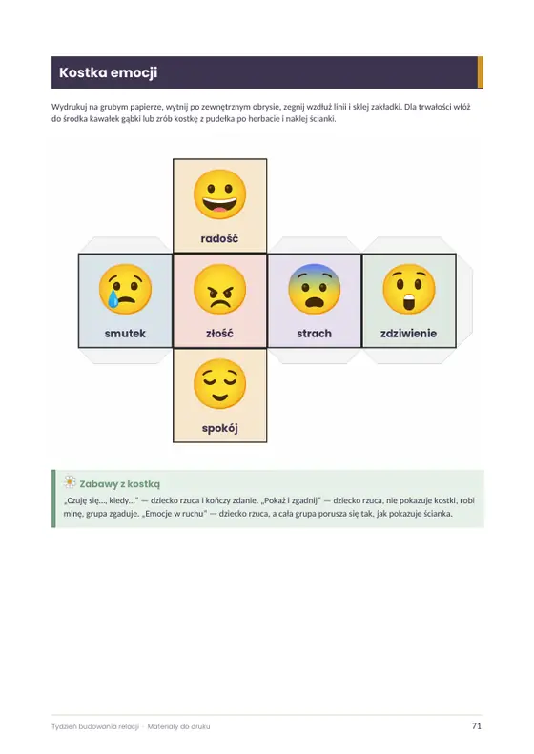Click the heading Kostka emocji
click(109, 72)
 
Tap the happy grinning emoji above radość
click(220, 194)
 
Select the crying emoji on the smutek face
click(125, 289)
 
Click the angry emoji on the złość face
click(220, 289)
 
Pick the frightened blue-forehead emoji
click(314, 289)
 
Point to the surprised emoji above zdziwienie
click(409, 289)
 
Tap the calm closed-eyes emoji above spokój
click(220, 384)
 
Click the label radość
click(219, 238)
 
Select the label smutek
click(125, 334)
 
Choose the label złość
click(220, 334)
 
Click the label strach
click(314, 334)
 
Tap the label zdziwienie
click(408, 334)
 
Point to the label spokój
click(220, 428)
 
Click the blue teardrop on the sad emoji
click(113, 298)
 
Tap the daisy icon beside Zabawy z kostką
click(70, 481)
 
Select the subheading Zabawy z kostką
click(120, 484)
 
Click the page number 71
click(476, 726)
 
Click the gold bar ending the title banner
click(480, 72)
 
